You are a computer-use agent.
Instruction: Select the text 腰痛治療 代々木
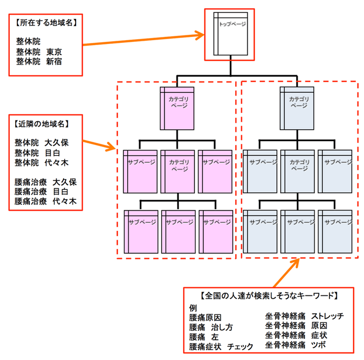click(46, 201)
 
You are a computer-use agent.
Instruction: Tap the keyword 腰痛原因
click(205, 317)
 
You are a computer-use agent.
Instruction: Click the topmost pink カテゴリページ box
click(178, 106)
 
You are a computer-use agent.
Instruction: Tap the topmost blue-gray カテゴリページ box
click(297, 106)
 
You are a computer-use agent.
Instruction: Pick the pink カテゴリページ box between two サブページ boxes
click(178, 170)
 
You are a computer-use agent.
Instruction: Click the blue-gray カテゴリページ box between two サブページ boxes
click(297, 170)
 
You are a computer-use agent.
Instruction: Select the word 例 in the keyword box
click(193, 307)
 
